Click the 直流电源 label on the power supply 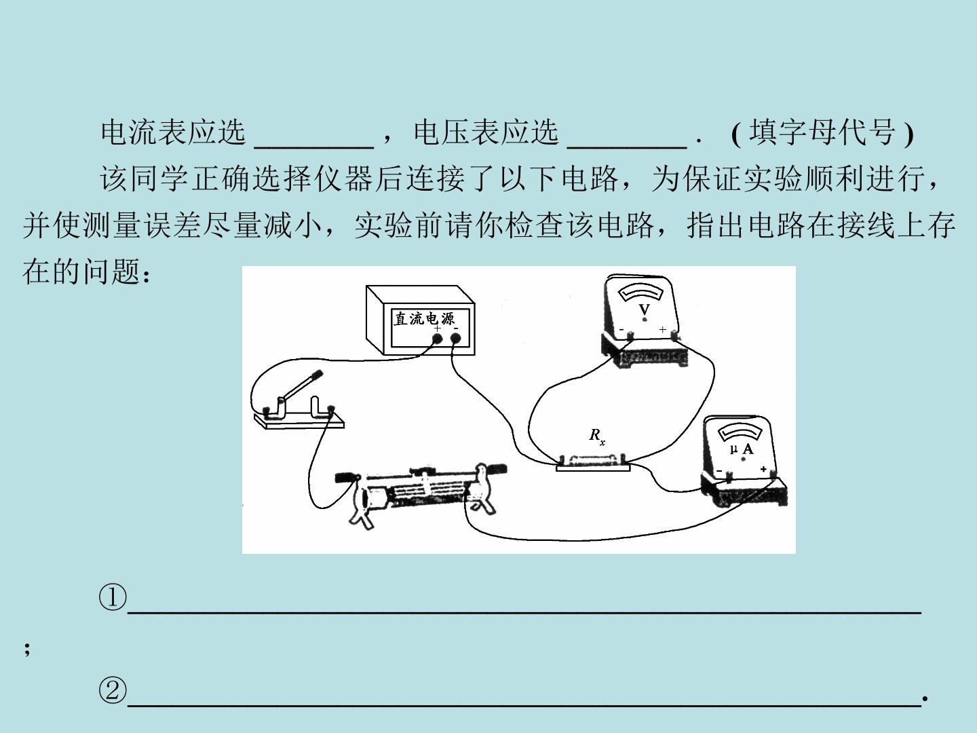(424, 319)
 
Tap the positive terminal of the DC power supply (437, 339)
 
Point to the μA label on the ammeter (742, 449)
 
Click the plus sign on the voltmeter (663, 329)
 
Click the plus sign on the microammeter (763, 469)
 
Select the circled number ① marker (112, 597)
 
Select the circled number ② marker (112, 690)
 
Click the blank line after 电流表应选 (314, 147)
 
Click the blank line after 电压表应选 (627, 147)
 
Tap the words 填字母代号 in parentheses (822, 132)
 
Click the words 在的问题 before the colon (81, 271)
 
